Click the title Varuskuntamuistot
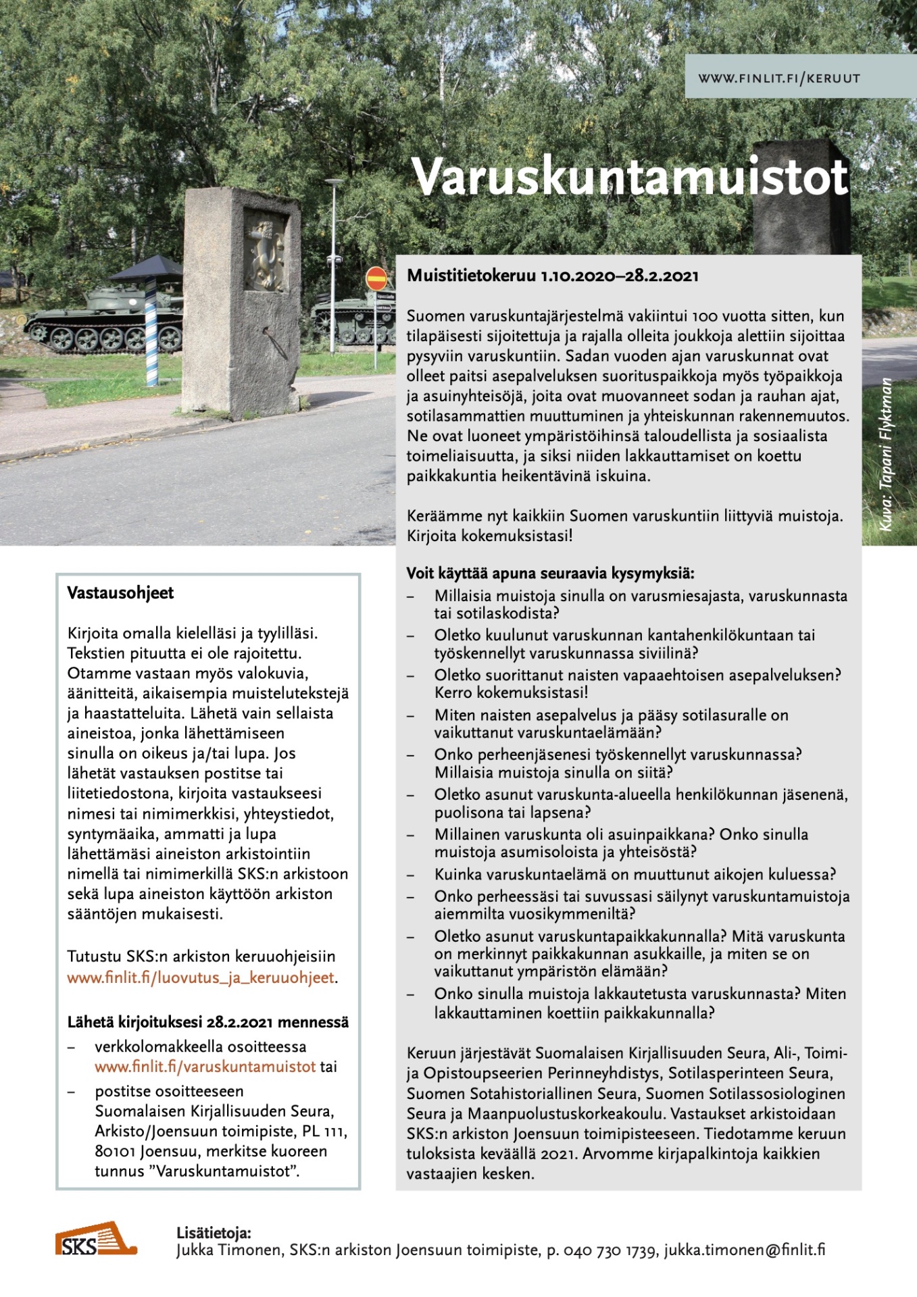point(630,177)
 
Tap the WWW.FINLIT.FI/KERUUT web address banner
point(779,78)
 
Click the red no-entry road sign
point(376,278)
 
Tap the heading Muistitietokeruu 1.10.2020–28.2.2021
point(553,276)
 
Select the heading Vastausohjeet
point(120,593)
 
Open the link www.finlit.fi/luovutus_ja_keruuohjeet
point(201,977)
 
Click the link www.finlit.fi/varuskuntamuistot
point(205,1067)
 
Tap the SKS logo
point(95,1240)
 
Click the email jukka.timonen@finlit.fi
point(744,1250)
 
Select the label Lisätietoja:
point(214,1233)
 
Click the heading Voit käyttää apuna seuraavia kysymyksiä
point(550,574)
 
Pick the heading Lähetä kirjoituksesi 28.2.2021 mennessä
point(207,1022)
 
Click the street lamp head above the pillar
point(334,182)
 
